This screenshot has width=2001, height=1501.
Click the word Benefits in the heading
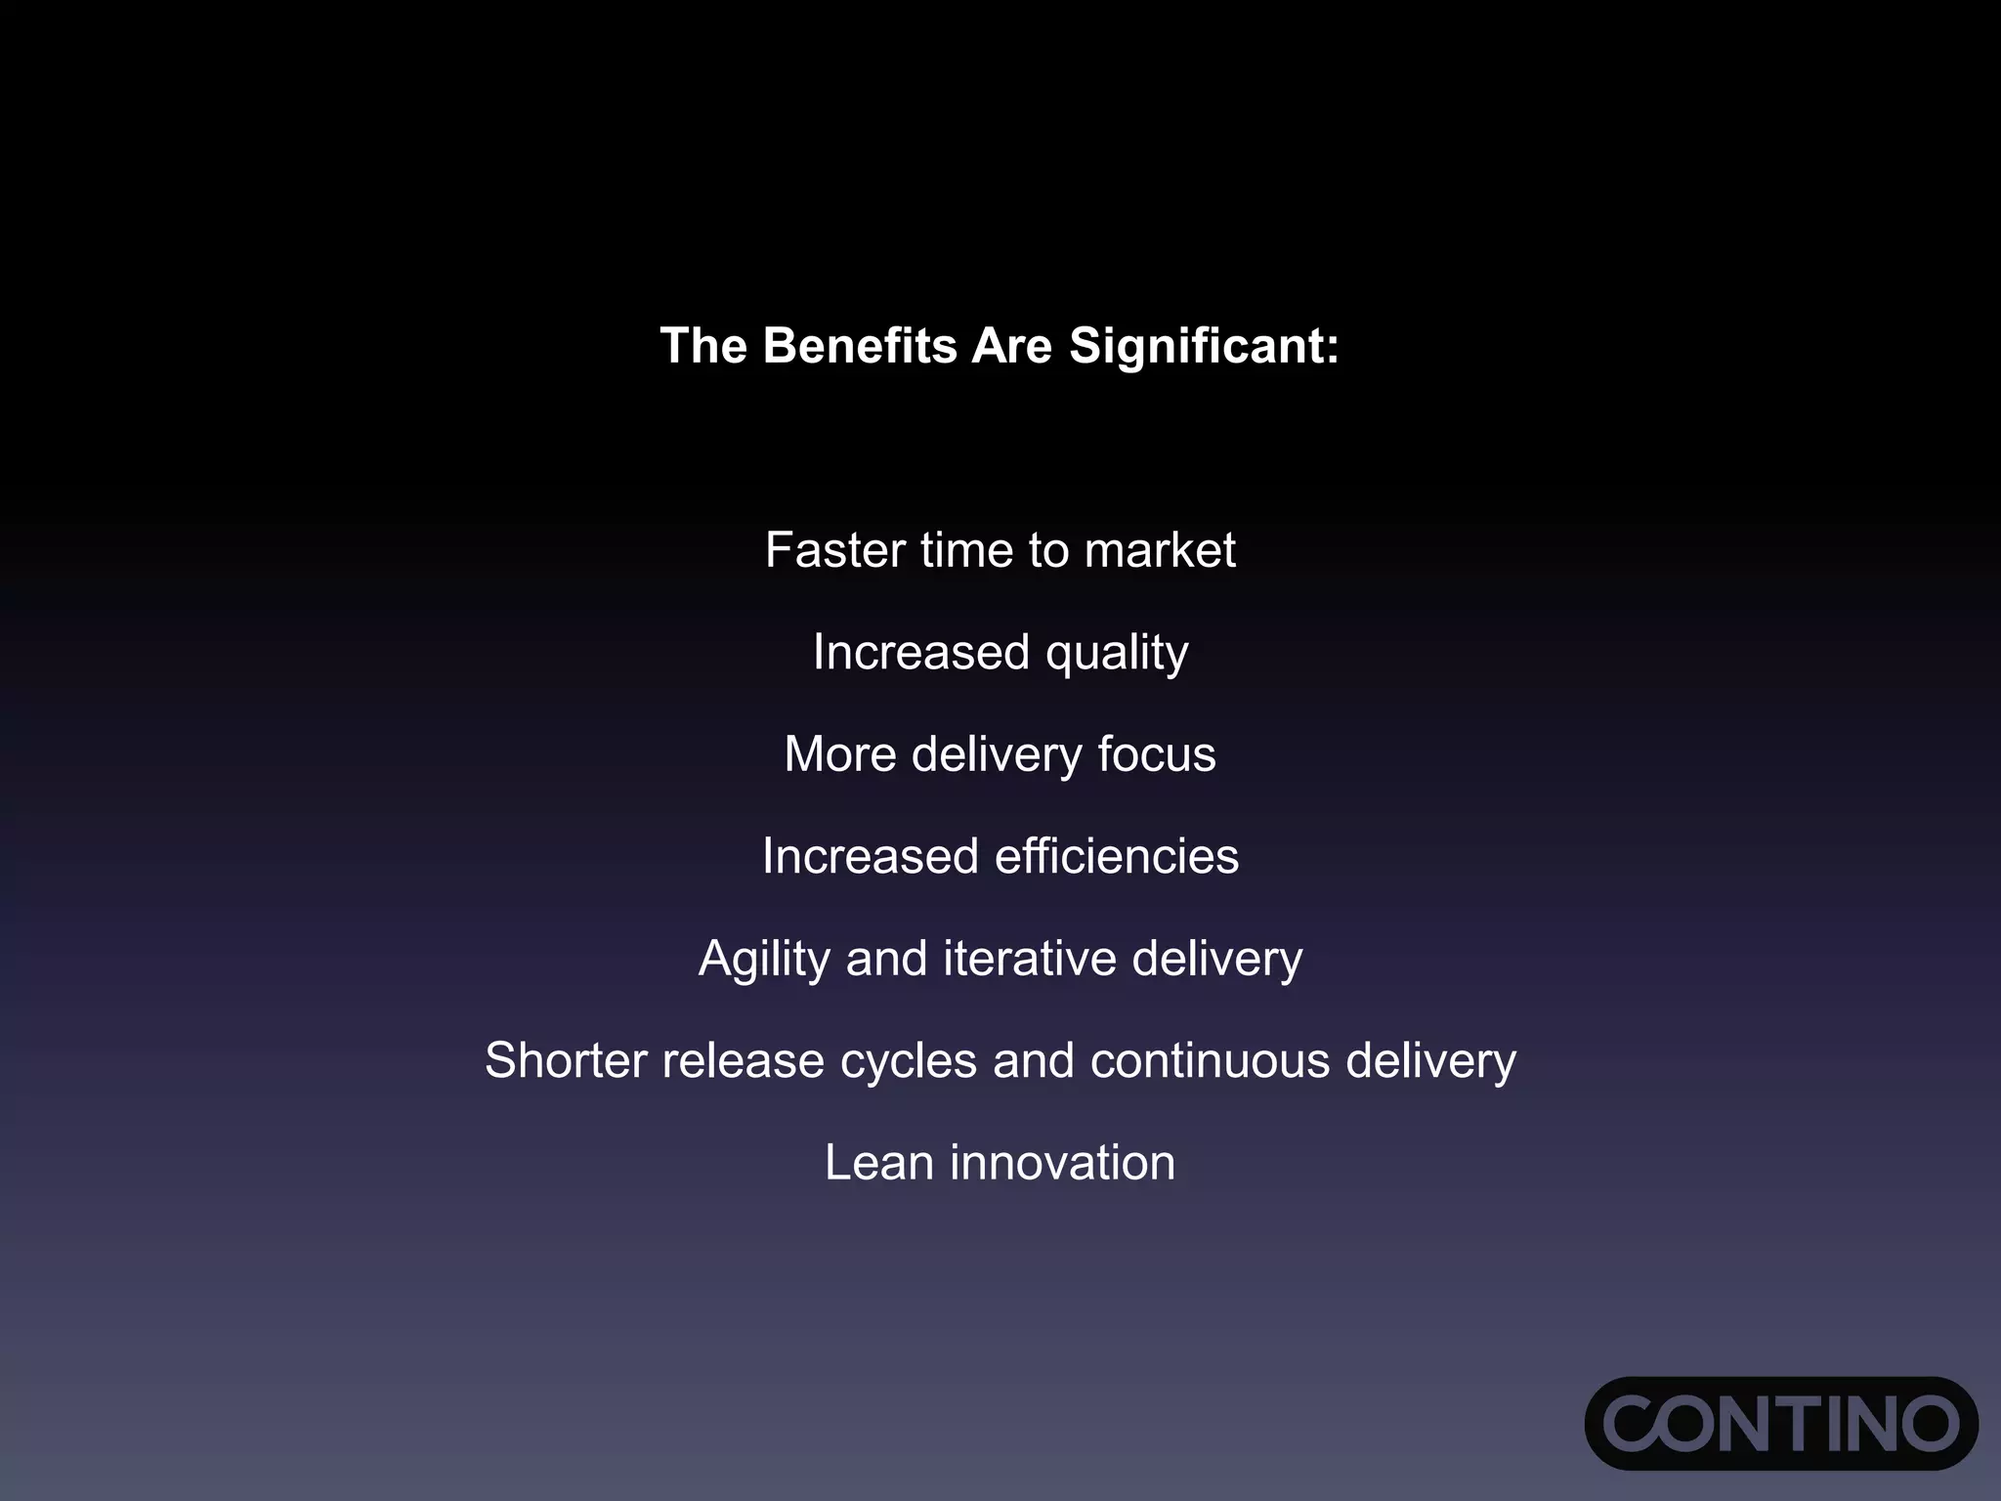859,346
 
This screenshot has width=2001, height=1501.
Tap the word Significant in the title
1204,346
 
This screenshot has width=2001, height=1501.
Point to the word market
1160,550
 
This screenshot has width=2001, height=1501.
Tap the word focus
1156,754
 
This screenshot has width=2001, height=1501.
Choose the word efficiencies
1116,857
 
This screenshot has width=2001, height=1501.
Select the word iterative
1029,959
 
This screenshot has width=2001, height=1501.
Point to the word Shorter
566,1061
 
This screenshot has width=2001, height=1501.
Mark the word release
743,1061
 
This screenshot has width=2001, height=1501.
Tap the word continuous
1210,1061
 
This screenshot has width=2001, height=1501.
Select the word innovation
1062,1163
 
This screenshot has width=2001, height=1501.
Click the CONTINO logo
1780,1423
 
